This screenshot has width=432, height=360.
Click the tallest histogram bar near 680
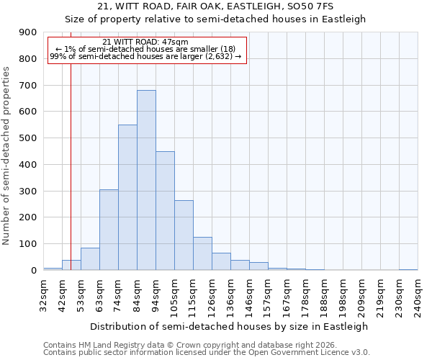click(146, 180)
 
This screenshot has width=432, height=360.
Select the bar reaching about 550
click(127, 197)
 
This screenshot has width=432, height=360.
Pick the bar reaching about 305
click(109, 230)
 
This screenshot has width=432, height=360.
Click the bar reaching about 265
click(184, 235)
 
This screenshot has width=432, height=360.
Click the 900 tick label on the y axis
click(28, 32)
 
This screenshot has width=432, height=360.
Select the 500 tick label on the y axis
click(28, 138)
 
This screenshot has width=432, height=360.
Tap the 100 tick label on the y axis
click(28, 244)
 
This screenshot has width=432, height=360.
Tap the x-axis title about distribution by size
click(230, 326)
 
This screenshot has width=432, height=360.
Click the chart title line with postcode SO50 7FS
click(215, 6)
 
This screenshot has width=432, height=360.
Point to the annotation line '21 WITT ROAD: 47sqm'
click(146, 42)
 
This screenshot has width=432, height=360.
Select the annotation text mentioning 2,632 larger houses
click(146, 56)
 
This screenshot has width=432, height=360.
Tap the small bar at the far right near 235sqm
click(408, 269)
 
